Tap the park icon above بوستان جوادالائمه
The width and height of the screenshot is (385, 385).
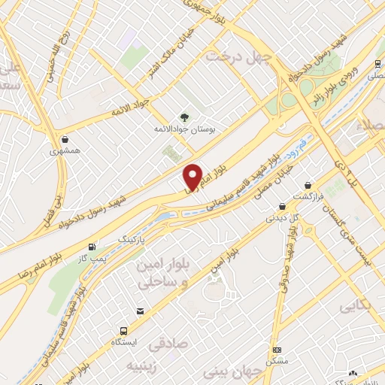(183, 117)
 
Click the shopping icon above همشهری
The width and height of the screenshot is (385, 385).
(68, 138)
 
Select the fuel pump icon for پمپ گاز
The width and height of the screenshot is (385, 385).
(92, 247)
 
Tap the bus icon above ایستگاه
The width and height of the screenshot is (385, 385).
(123, 329)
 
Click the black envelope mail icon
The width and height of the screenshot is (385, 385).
(140, 311)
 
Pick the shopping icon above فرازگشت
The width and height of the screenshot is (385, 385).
(308, 184)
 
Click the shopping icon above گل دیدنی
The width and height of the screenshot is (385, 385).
(282, 205)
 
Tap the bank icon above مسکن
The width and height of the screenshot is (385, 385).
(277, 350)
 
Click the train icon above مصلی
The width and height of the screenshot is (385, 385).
(374, 65)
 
